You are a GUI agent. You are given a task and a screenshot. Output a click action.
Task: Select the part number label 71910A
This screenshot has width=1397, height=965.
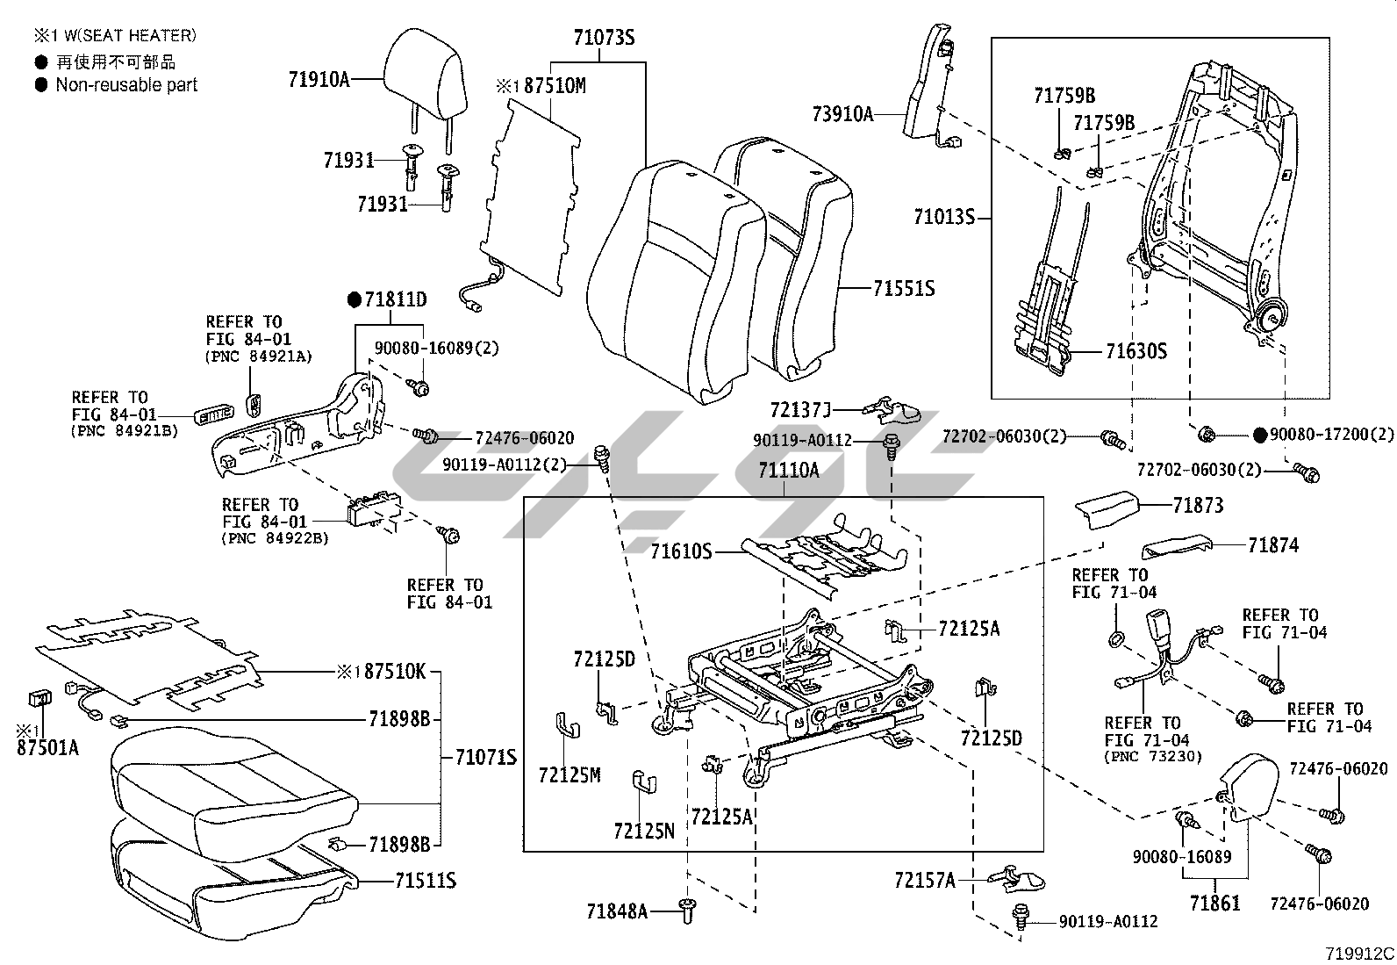coord(319,80)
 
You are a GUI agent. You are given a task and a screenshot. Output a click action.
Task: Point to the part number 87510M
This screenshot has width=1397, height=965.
coord(555,86)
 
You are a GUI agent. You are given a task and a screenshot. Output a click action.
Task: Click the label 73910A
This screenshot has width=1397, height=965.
coord(842,113)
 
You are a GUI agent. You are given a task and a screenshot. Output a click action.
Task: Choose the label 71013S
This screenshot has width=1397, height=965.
coord(944,217)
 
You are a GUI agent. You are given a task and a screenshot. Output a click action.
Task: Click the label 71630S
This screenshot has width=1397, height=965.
coord(1136,352)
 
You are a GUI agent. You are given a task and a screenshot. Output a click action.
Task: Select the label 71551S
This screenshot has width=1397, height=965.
coord(904,288)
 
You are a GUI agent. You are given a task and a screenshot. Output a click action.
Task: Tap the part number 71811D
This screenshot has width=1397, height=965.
coord(396,300)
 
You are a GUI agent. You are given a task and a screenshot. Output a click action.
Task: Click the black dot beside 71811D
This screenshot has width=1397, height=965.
coord(355,300)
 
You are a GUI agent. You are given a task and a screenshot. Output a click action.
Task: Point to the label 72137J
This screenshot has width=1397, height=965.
coord(799,410)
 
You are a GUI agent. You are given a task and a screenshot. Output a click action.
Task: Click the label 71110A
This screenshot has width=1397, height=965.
coord(789,472)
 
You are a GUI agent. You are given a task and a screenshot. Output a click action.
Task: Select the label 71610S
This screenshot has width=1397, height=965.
coord(680,551)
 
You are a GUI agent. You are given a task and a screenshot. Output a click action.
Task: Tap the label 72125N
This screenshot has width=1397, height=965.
coord(644,831)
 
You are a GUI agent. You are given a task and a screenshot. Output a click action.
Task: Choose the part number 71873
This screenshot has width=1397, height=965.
coord(1198,505)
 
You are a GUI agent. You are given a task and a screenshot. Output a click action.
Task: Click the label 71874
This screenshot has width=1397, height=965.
coord(1273,545)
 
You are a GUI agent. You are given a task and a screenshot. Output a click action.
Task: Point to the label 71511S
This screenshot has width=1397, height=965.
coord(426,881)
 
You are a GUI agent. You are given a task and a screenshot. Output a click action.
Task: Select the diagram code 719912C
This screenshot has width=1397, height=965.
coord(1359,954)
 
